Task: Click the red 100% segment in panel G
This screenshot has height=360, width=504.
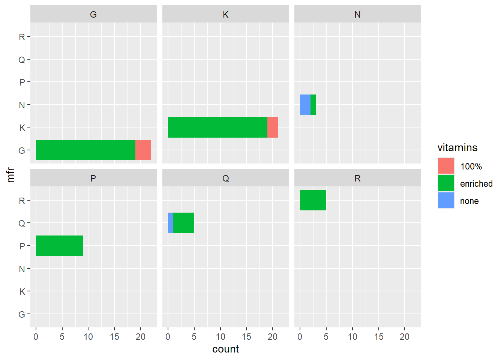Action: [143, 150]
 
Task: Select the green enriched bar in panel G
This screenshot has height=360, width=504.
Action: [85, 150]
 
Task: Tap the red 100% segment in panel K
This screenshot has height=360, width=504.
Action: [273, 127]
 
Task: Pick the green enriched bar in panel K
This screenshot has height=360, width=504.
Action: [217, 127]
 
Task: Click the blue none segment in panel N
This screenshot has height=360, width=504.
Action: [305, 105]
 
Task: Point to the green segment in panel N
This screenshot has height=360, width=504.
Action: [313, 105]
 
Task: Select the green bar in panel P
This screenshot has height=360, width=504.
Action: [59, 246]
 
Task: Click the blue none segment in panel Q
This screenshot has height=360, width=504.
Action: [171, 223]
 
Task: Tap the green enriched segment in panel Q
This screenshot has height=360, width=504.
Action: [184, 223]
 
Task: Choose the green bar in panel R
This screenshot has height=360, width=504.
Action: [313, 200]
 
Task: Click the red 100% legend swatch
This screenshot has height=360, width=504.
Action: [446, 166]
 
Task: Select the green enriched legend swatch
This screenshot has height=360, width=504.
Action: [446, 183]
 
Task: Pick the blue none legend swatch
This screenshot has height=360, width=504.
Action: [446, 201]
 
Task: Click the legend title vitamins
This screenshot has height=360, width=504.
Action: [457, 148]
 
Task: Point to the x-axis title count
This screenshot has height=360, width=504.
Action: [225, 349]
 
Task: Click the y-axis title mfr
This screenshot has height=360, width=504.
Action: [10, 175]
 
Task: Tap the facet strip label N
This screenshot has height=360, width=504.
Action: [357, 15]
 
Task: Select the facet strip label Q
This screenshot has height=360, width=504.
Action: [225, 178]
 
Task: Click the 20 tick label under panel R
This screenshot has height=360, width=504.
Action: [405, 337]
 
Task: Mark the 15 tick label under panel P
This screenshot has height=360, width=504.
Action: [114, 337]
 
